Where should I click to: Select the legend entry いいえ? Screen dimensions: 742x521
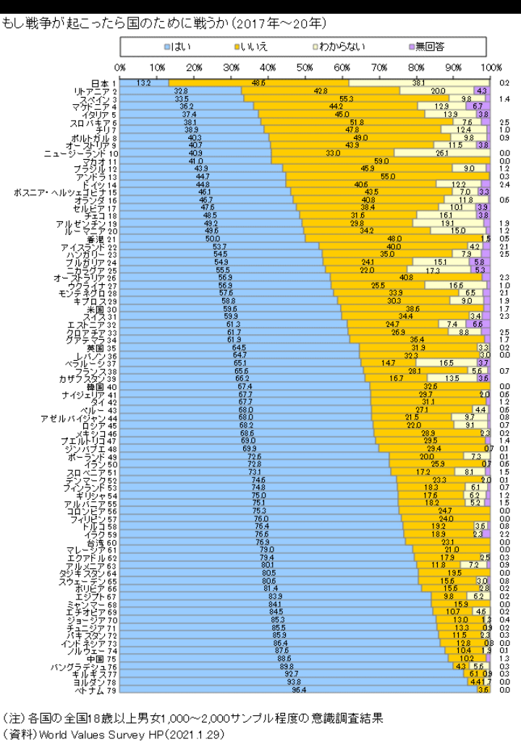(x=253, y=47)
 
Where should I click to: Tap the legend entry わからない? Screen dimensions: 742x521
(x=339, y=47)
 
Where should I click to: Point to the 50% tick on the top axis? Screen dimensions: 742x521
(x=305, y=67)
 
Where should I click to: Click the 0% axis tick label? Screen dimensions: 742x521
(x=120, y=67)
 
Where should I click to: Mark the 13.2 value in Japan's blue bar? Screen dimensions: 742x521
(x=143, y=83)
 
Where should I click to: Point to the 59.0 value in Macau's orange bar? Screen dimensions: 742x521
(x=381, y=161)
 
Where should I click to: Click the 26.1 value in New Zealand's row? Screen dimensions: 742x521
(x=443, y=153)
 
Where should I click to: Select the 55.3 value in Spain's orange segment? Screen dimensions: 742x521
(x=346, y=99)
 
